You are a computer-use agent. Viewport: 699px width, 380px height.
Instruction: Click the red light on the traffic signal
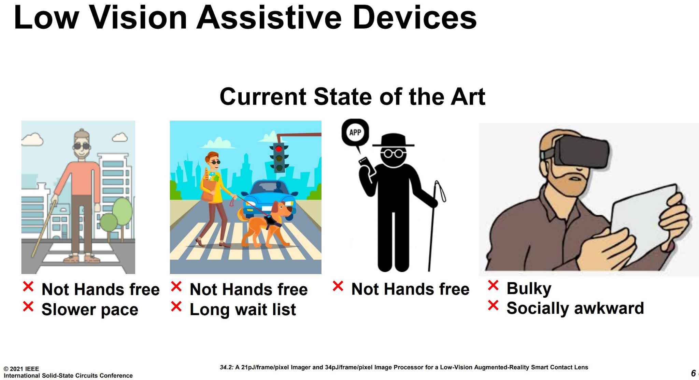(279, 149)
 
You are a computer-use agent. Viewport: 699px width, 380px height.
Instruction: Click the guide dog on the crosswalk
(266, 223)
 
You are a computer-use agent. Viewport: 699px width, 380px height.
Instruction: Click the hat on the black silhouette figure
(393, 140)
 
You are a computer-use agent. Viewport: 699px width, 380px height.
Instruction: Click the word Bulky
(529, 289)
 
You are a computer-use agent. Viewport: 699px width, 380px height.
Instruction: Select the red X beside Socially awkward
(493, 305)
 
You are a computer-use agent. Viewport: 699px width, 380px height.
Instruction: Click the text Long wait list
(243, 310)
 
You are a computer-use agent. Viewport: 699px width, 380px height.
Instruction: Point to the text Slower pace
(90, 310)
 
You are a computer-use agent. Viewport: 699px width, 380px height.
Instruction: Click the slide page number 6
(693, 373)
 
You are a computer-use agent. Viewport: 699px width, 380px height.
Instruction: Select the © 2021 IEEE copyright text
(21, 369)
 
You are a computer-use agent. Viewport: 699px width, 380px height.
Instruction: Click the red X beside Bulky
(493, 285)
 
